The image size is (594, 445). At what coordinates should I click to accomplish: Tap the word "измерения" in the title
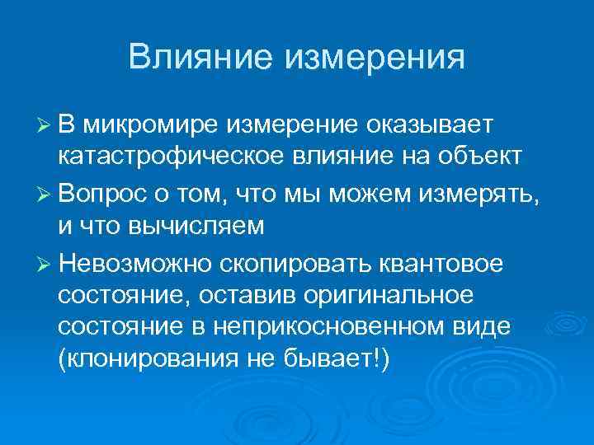[x=375, y=58]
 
